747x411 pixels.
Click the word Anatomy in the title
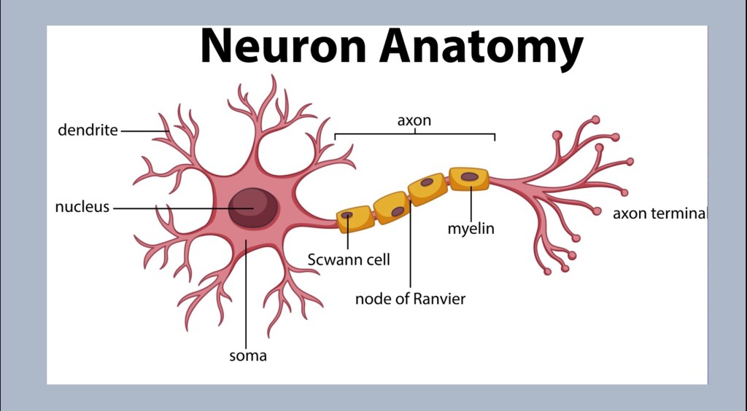tap(481, 47)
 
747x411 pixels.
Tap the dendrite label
tap(88, 130)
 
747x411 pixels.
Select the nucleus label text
tap(82, 207)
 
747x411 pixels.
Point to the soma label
tap(248, 356)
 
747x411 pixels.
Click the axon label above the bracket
tap(414, 120)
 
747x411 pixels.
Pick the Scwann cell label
tap(348, 259)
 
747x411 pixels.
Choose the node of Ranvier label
tap(410, 299)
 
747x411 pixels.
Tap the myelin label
tap(471, 229)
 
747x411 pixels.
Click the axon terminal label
tap(659, 214)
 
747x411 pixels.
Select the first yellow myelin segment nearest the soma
tap(355, 218)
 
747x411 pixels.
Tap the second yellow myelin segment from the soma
tap(391, 207)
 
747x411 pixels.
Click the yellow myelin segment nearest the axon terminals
tap(468, 179)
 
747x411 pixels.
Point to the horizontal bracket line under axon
tap(414, 134)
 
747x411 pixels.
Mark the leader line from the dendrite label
tap(144, 131)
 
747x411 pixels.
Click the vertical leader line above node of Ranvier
tap(410, 248)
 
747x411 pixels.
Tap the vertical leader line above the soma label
tap(247, 291)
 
